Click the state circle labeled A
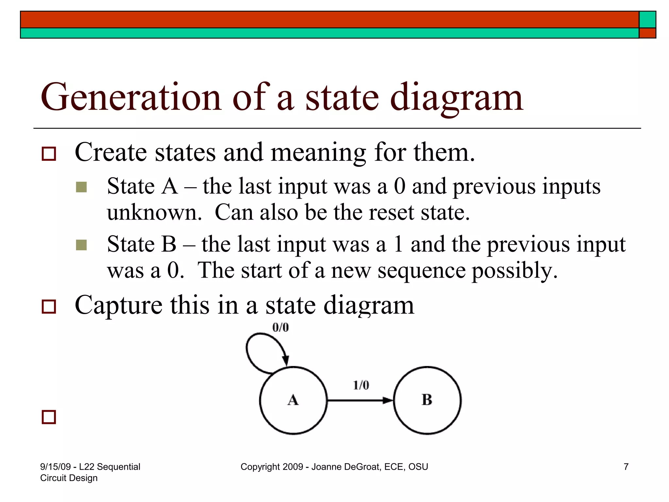(x=293, y=400)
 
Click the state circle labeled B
(x=427, y=400)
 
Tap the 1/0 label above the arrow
(x=361, y=385)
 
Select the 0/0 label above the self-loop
(x=281, y=327)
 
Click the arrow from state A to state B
(x=359, y=400)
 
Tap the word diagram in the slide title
(x=457, y=97)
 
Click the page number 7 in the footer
(x=626, y=467)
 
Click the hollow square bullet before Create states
(x=49, y=154)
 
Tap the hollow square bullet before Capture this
(x=49, y=307)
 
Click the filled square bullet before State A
(x=81, y=187)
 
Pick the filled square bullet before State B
(x=81, y=245)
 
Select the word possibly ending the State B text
(x=514, y=271)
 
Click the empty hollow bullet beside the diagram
(x=49, y=417)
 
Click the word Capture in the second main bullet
(x=118, y=305)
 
